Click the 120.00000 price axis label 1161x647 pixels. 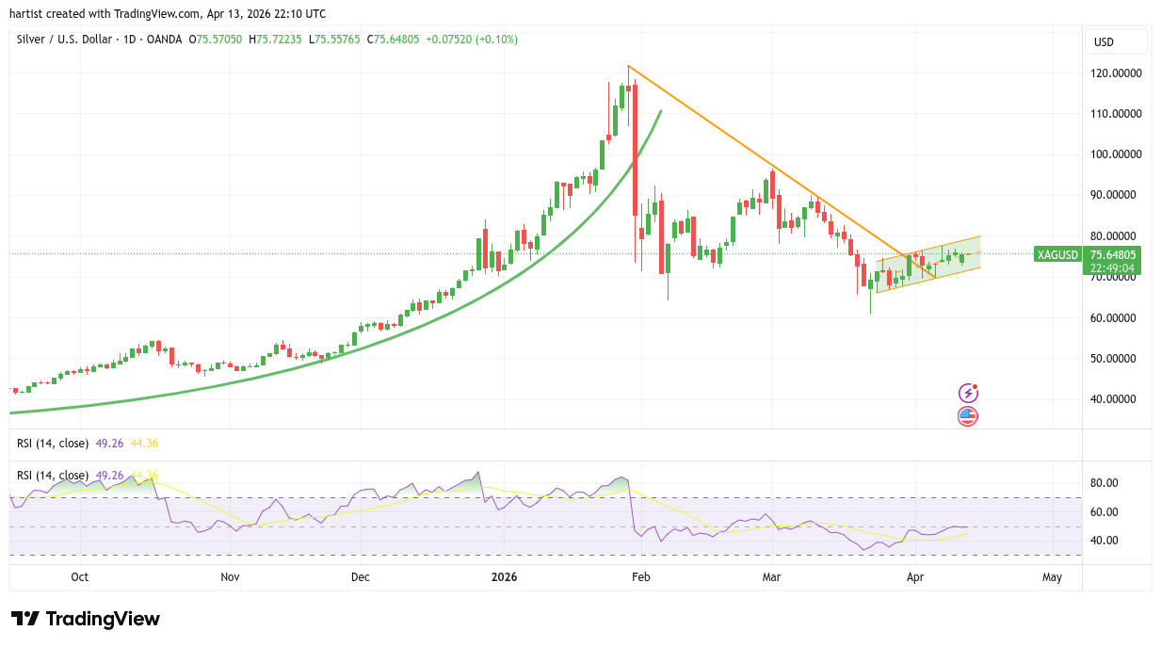point(1116,73)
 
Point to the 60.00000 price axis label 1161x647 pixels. point(1116,317)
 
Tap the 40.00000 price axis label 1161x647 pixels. point(1116,399)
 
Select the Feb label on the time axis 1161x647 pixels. point(640,577)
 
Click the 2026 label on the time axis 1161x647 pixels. point(499,577)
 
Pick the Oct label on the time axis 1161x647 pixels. point(79,577)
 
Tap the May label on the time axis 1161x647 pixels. point(1053,577)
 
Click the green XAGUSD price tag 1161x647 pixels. point(1057,254)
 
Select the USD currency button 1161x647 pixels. point(1105,41)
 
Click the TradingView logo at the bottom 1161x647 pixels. point(86,619)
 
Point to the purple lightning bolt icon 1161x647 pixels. point(967,393)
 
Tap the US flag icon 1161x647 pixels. point(967,415)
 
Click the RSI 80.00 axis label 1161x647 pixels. point(1104,483)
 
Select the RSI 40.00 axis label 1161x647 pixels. point(1104,541)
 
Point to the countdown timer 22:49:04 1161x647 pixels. point(1112,267)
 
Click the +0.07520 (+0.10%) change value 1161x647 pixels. point(472,40)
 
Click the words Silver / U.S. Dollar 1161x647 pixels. point(62,40)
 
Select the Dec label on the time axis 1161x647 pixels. point(360,577)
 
